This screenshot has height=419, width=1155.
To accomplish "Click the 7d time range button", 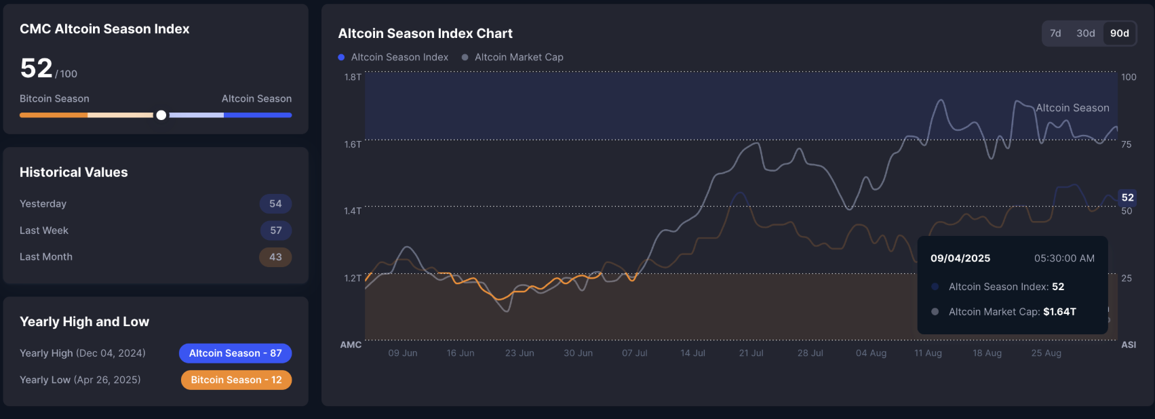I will click(1055, 33).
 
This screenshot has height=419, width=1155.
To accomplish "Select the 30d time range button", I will click(1085, 33).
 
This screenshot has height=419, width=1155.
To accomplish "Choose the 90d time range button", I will click(1119, 33).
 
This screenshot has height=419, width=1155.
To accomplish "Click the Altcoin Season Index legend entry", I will click(399, 57).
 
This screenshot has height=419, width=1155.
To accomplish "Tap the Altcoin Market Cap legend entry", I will click(518, 57).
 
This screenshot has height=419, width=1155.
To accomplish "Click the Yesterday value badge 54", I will click(275, 203).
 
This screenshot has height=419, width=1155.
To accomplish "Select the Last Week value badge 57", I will click(275, 231).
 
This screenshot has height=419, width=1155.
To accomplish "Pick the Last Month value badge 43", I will click(275, 257).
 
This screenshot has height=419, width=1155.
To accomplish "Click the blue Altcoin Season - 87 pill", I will click(235, 353).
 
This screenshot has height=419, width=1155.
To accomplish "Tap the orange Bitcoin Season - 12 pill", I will click(236, 380).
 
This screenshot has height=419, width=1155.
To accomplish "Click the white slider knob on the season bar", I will click(161, 115).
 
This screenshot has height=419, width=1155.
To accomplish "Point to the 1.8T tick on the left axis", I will click(353, 77).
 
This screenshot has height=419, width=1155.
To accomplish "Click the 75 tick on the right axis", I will click(1126, 144).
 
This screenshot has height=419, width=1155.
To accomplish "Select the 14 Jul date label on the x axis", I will click(692, 353).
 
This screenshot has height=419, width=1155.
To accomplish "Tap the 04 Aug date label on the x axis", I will click(871, 353).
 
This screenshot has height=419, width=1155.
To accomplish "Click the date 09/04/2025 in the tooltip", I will click(960, 258).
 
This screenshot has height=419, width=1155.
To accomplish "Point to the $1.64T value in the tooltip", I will click(1059, 312).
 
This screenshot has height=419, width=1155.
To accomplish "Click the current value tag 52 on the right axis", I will click(1127, 197).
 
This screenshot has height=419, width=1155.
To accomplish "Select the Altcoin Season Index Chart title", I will click(425, 33).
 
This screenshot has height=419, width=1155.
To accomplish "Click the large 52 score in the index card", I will click(37, 68).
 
